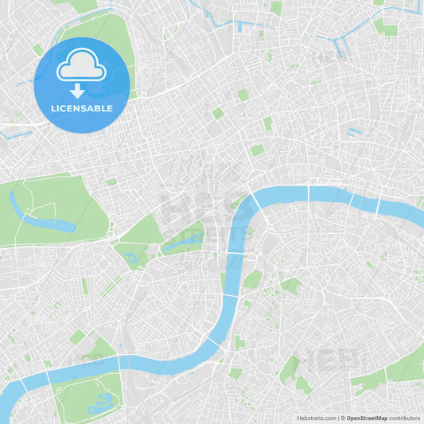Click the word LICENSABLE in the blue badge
[x=82, y=108]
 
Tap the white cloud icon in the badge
[x=81, y=66]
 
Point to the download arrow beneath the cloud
[x=77, y=90]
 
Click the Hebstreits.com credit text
[x=316, y=418]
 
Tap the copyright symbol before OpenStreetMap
[x=342, y=418]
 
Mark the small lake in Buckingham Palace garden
[x=132, y=259]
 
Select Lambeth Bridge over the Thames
[x=224, y=295]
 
